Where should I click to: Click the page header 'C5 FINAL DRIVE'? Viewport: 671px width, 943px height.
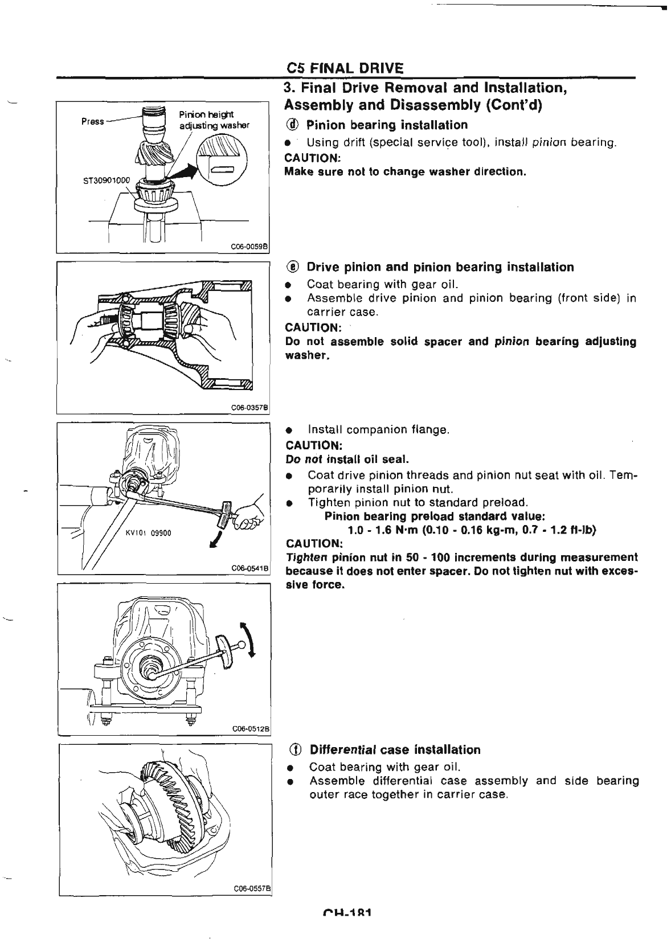[x=345, y=68]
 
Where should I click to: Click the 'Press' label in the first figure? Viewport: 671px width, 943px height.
[x=93, y=121]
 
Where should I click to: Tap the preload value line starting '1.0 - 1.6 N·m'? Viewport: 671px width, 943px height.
[x=472, y=530]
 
